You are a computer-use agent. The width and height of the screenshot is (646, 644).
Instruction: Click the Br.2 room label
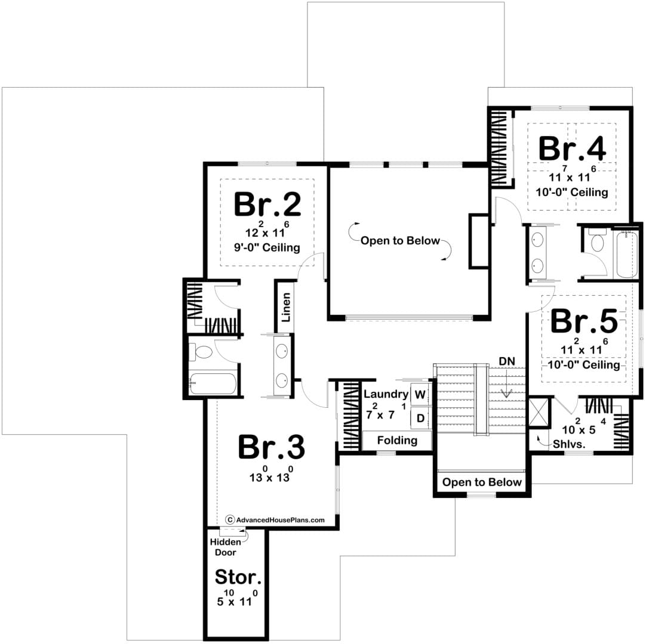click(267, 204)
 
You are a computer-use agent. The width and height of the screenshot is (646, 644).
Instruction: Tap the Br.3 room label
click(272, 447)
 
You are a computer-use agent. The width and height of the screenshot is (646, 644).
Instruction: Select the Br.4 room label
click(572, 148)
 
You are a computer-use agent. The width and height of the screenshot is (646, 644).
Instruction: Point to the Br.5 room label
click(584, 321)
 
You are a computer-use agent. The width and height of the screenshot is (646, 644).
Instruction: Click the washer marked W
click(420, 395)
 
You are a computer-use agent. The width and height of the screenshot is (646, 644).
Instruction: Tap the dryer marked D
click(420, 419)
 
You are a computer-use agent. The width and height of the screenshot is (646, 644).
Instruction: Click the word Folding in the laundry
click(397, 441)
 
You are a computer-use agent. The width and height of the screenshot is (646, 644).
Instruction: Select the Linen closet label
click(286, 307)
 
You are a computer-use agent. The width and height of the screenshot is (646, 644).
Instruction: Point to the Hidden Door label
click(225, 547)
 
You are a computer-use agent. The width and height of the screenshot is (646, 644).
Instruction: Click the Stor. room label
click(238, 577)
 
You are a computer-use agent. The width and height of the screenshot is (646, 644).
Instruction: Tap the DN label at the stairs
click(507, 361)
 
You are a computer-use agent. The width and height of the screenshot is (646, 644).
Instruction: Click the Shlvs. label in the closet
click(569, 444)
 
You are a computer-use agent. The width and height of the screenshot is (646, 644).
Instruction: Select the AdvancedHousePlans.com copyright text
click(275, 520)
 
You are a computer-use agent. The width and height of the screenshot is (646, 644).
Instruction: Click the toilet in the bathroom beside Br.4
click(598, 241)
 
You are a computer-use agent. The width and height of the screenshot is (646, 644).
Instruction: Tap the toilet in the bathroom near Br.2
click(201, 352)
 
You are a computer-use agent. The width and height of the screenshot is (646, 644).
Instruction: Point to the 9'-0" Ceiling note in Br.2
click(267, 247)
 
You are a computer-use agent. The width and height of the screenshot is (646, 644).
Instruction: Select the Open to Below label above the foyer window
click(482, 482)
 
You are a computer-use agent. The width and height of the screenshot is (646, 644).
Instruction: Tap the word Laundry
click(386, 394)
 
